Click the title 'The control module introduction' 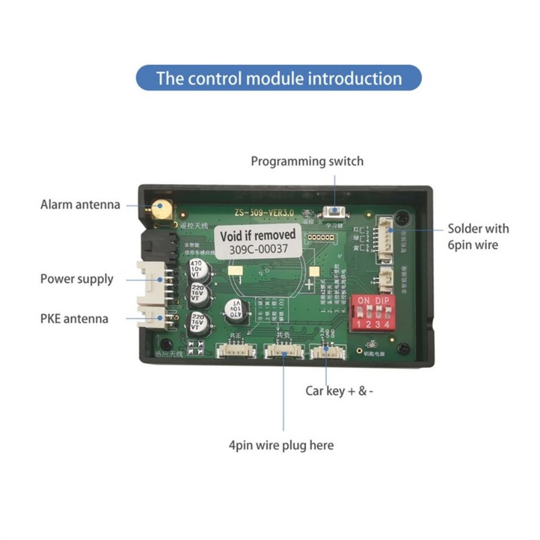pyautogui.click(x=279, y=78)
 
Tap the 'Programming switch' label pyautogui.click(x=307, y=161)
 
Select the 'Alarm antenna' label pyautogui.click(x=80, y=204)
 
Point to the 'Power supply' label pyautogui.click(x=76, y=279)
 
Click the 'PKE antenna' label pyautogui.click(x=74, y=318)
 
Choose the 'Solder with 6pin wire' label pyautogui.click(x=478, y=236)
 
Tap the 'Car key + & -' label pyautogui.click(x=339, y=390)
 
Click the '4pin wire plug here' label pyautogui.click(x=281, y=445)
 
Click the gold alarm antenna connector pyautogui.click(x=161, y=209)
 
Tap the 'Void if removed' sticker pyautogui.click(x=258, y=235)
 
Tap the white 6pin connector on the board pyautogui.click(x=385, y=239)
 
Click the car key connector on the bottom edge pyautogui.click(x=327, y=352)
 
